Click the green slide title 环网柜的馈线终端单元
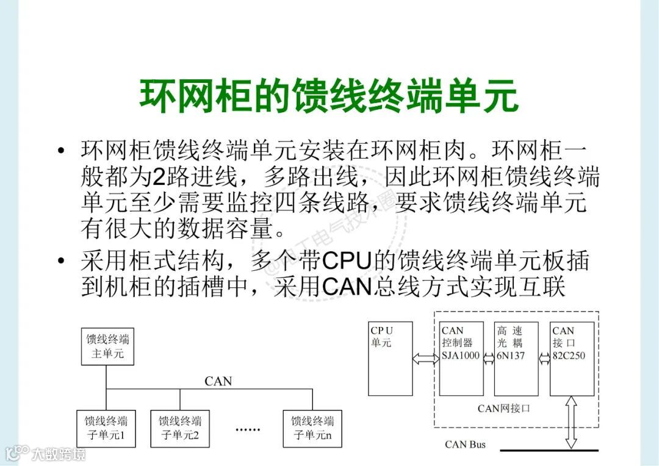coord(329,96)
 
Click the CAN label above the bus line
coord(218,381)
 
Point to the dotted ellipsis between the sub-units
coord(248,429)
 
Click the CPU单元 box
coord(390,358)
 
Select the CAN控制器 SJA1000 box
coord(461,358)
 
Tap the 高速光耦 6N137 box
coord(516,358)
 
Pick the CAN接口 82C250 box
coord(572,358)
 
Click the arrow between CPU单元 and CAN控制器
coord(426,359)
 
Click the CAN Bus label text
coord(465,444)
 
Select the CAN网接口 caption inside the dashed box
coord(503,407)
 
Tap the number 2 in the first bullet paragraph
coord(159,177)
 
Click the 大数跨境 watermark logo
coord(45,453)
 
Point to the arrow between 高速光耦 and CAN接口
coord(544,359)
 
